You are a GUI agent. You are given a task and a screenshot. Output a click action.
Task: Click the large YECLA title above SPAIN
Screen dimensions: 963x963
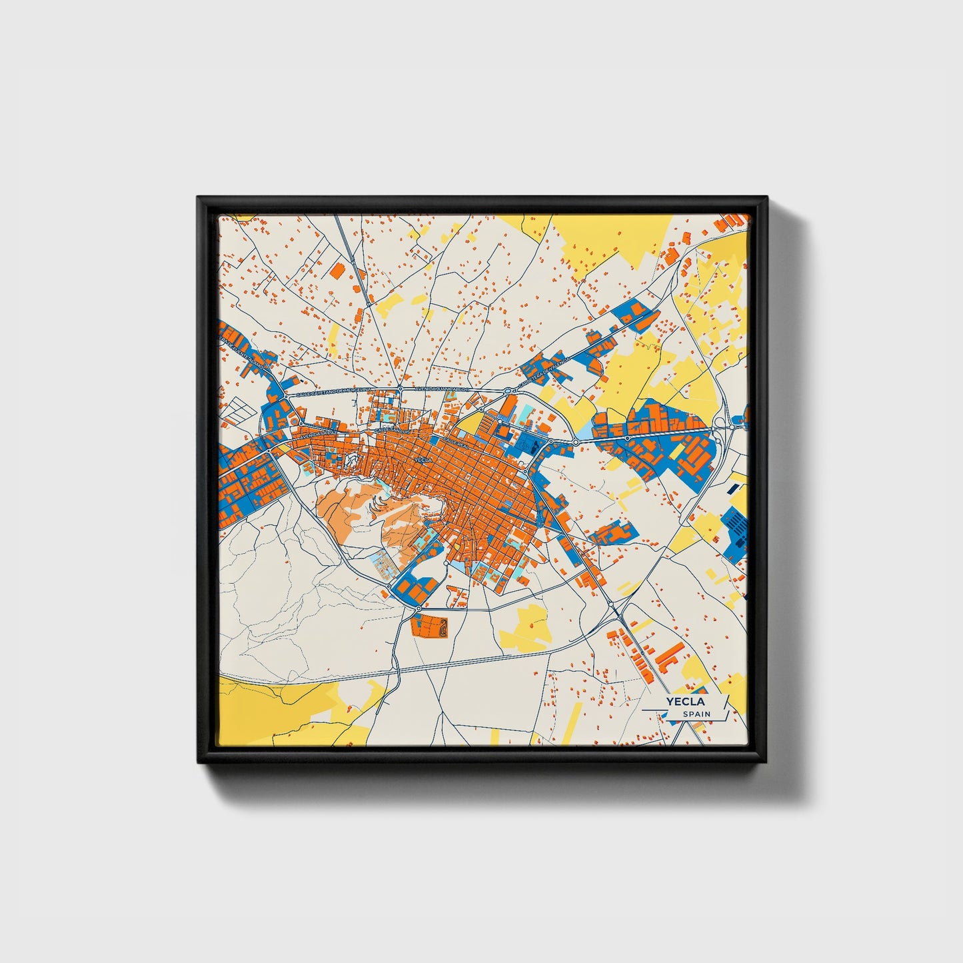tap(685, 701)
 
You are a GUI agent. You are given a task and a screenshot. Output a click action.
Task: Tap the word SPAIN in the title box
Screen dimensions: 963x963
tap(696, 714)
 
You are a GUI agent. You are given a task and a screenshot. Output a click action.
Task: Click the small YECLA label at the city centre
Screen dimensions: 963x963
tap(423, 460)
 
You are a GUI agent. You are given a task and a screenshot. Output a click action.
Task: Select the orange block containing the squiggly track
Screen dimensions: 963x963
tap(429, 626)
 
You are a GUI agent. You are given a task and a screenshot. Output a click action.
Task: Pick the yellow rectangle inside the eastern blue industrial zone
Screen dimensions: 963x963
tap(676, 452)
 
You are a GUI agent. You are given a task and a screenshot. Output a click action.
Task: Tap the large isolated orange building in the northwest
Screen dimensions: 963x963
tap(337, 270)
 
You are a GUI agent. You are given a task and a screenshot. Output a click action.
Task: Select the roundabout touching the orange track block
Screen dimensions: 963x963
tap(418, 608)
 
